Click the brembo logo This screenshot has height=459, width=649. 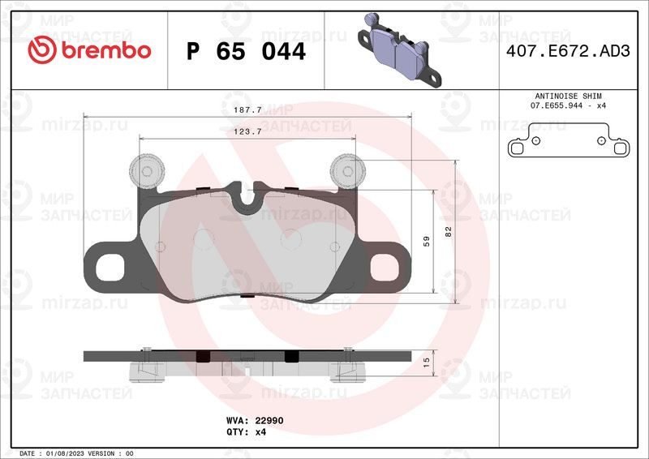coord(89,50)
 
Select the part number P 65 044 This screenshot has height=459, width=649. coord(246,52)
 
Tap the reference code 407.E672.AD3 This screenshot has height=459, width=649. coord(568,51)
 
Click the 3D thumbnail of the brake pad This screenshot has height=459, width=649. coord(399,50)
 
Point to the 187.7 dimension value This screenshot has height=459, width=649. coord(247,109)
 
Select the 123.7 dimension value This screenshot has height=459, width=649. coord(247,131)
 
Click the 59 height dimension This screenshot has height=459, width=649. coord(427,242)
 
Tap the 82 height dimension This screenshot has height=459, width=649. coord(449,231)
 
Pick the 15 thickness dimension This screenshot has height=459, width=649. coord(427,362)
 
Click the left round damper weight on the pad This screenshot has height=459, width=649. coord(147,171)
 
